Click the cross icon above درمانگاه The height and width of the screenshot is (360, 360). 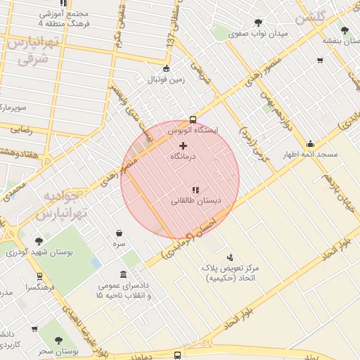click(x=184, y=146)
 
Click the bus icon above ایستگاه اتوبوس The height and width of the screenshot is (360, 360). click(x=193, y=119)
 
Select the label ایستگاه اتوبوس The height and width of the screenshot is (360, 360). click(x=195, y=131)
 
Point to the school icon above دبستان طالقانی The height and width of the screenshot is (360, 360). click(x=195, y=189)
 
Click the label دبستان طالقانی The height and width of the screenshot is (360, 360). click(x=196, y=201)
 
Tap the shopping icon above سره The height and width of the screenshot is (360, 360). click(x=119, y=233)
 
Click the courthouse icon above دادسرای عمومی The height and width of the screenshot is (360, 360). click(x=124, y=274)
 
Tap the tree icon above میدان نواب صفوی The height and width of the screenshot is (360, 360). click(x=259, y=22)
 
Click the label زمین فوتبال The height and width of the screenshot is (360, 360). click(x=166, y=79)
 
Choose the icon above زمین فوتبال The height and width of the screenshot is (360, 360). click(x=166, y=68)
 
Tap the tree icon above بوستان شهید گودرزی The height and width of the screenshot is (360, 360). click(x=39, y=240)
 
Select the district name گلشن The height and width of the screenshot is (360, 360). click(x=311, y=20)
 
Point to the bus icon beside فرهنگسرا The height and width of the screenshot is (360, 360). click(x=39, y=276)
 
